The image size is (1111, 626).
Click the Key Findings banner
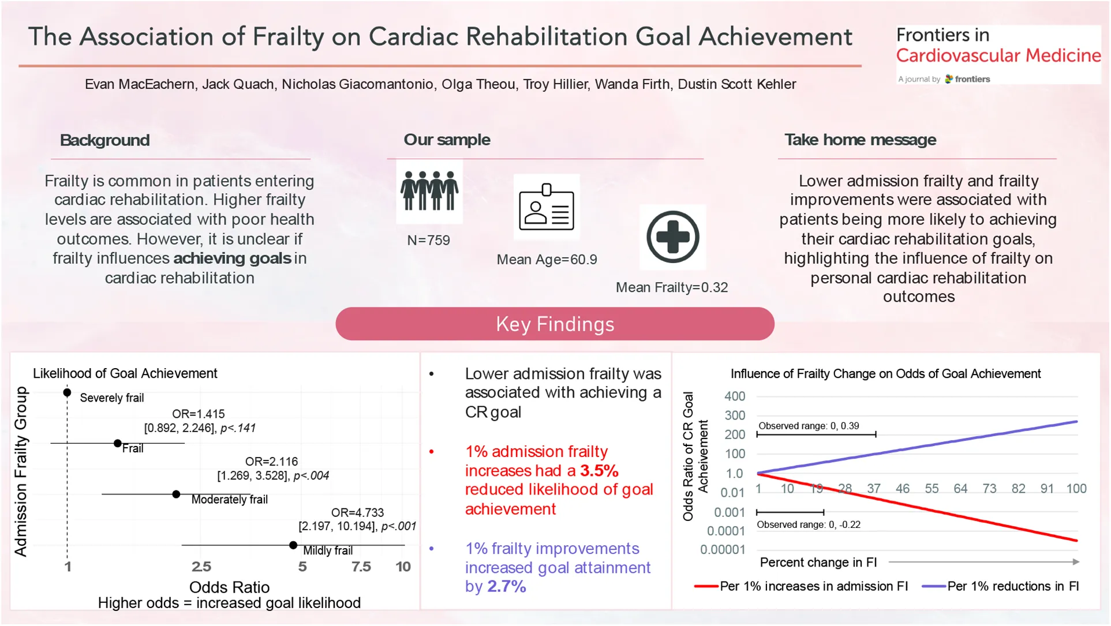pyautogui.click(x=555, y=324)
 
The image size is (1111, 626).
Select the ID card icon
pyautogui.click(x=547, y=207)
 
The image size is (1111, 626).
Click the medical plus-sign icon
pyautogui.click(x=672, y=237)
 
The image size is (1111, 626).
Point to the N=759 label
pyautogui.click(x=428, y=241)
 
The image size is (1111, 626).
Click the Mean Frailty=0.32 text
pyautogui.click(x=671, y=287)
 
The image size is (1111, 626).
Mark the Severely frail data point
pyautogui.click(x=68, y=392)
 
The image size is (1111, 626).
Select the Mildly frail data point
pyautogui.click(x=293, y=545)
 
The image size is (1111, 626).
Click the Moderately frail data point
pyautogui.click(x=176, y=494)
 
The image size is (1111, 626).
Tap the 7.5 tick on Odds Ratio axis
pyautogui.click(x=361, y=567)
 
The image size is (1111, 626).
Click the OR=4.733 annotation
pyautogui.click(x=357, y=512)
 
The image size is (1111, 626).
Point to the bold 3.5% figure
pyautogui.click(x=599, y=471)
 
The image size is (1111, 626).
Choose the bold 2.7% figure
pyautogui.click(x=506, y=586)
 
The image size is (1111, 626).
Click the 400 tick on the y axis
pyautogui.click(x=735, y=396)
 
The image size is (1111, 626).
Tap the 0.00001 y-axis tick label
pyautogui.click(x=723, y=549)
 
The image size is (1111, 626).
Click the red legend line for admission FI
pyautogui.click(x=706, y=586)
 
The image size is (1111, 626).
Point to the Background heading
pyautogui.click(x=104, y=140)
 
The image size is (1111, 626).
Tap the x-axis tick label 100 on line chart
pyautogui.click(x=1076, y=489)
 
